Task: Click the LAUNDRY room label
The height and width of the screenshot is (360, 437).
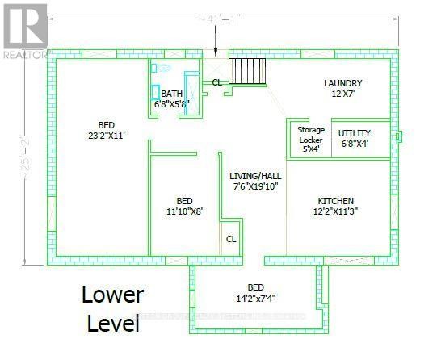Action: tap(342, 83)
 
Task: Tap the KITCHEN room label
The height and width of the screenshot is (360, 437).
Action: tap(335, 201)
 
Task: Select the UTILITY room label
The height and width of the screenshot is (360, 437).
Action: tap(354, 132)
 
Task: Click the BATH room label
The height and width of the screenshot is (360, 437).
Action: tap(171, 94)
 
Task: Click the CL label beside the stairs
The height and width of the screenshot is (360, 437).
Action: tap(216, 82)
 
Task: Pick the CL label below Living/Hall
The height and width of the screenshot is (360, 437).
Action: tap(231, 239)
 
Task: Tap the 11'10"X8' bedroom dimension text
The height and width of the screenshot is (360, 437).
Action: tap(185, 211)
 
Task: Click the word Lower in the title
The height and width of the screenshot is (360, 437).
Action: tap(112, 295)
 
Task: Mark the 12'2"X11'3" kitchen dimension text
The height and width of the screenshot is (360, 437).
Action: tap(335, 212)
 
